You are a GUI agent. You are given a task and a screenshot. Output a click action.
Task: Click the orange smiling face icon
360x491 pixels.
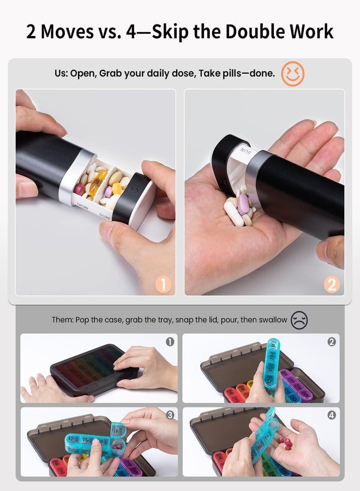pos(292,73)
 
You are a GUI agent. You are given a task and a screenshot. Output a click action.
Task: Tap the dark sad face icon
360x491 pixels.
pos(299,320)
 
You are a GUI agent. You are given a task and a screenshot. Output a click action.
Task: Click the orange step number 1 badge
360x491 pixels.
pos(163,284)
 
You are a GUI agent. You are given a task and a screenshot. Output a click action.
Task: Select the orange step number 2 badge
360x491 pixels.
pos(332,284)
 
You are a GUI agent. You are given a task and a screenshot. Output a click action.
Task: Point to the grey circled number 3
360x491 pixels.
pos(170,415)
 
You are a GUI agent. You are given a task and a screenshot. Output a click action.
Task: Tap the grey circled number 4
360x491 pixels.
pos(332,415)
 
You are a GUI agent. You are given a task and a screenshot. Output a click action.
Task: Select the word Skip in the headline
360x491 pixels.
pos(170,33)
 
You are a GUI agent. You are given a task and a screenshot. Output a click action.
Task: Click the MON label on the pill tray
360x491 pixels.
pos(83,206)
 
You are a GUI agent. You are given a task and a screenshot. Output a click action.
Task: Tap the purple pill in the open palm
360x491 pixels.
pos(243,204)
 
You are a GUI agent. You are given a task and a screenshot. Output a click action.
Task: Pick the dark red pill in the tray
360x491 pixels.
pos(79,189)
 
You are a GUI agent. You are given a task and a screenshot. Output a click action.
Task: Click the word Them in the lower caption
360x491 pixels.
pos(62,320)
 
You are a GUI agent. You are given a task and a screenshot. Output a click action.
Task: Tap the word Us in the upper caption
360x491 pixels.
pos(61,73)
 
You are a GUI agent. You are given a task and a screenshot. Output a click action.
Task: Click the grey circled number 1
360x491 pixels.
pos(170,342)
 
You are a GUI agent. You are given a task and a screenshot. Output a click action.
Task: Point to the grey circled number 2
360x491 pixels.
pos(332,342)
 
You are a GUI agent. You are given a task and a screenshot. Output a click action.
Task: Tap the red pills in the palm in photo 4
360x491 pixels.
pos(285,442)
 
